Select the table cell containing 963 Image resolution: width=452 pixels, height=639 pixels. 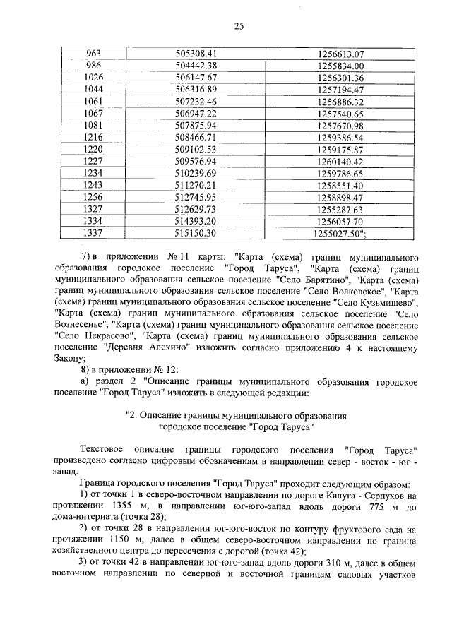(93, 54)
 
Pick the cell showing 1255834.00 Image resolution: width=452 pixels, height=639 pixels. (340, 66)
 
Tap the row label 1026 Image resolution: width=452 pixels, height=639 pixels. (93, 78)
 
